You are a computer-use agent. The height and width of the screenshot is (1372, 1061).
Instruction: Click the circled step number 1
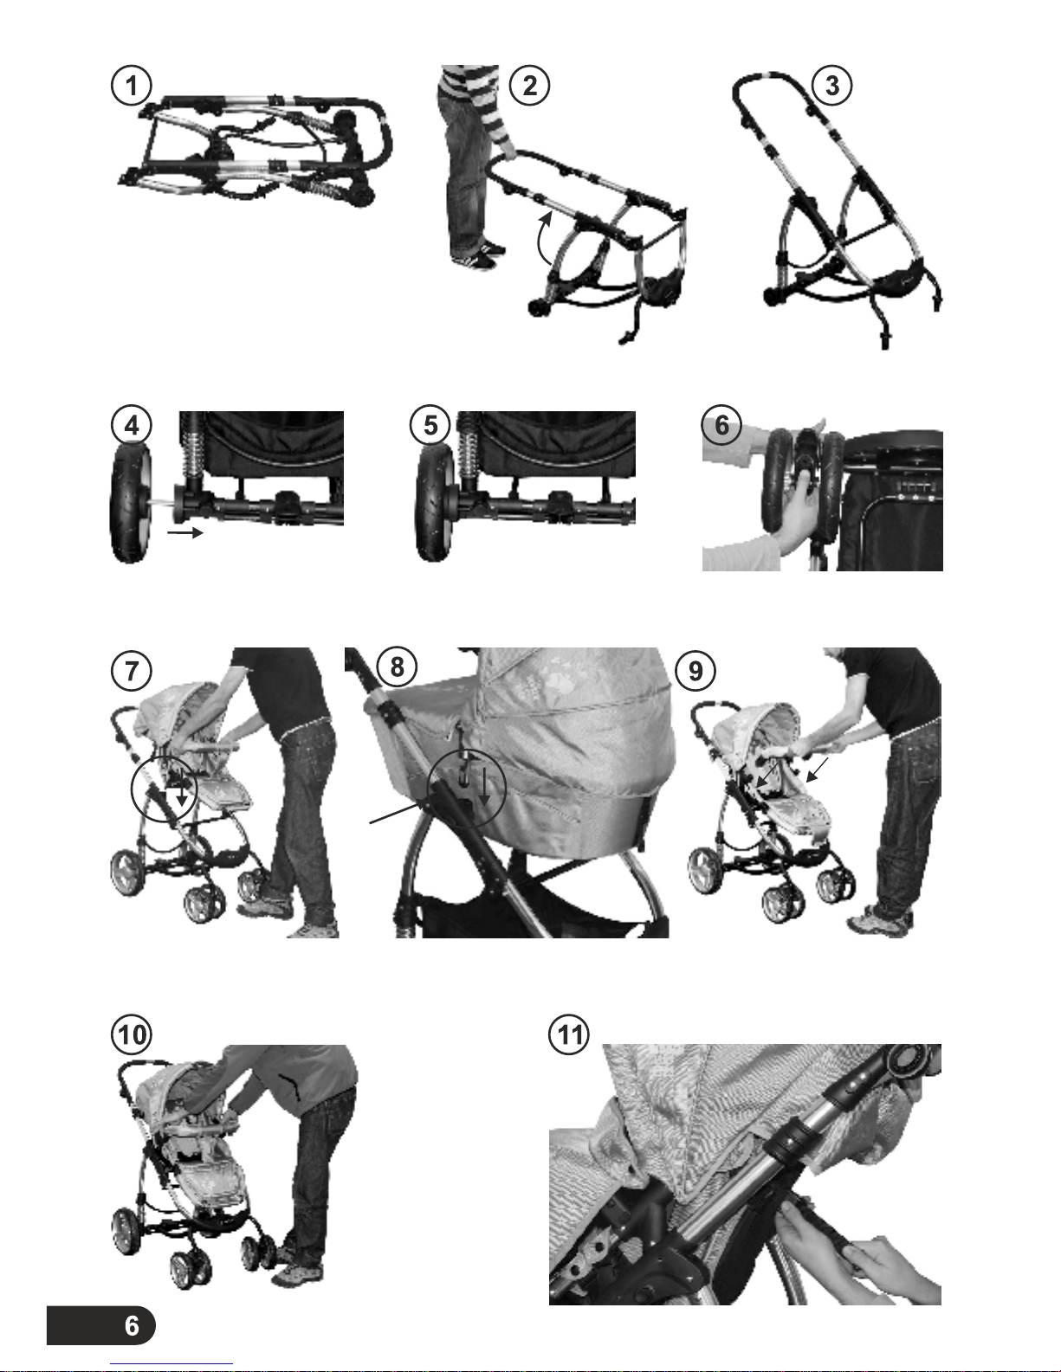(x=132, y=85)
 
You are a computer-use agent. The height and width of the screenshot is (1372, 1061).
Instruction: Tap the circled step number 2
(x=529, y=85)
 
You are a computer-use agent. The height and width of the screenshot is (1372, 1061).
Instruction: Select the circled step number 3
(x=831, y=85)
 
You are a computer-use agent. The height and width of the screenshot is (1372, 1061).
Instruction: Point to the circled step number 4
(x=132, y=425)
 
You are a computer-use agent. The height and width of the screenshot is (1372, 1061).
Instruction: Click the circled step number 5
(x=430, y=425)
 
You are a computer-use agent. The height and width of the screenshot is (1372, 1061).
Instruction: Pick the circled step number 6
(x=721, y=425)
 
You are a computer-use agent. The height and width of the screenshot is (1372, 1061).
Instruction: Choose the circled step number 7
(x=132, y=670)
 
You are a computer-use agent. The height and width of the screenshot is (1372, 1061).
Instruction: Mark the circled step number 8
(x=397, y=667)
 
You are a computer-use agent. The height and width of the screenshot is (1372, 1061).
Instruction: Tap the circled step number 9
(x=695, y=670)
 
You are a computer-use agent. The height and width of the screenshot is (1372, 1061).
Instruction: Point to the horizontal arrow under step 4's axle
(x=185, y=533)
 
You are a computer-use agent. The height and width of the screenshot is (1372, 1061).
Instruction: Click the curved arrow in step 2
(x=542, y=240)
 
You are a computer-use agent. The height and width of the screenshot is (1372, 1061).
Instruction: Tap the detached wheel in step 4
(x=131, y=503)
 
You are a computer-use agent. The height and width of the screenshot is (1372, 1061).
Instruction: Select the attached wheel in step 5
(x=435, y=503)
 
